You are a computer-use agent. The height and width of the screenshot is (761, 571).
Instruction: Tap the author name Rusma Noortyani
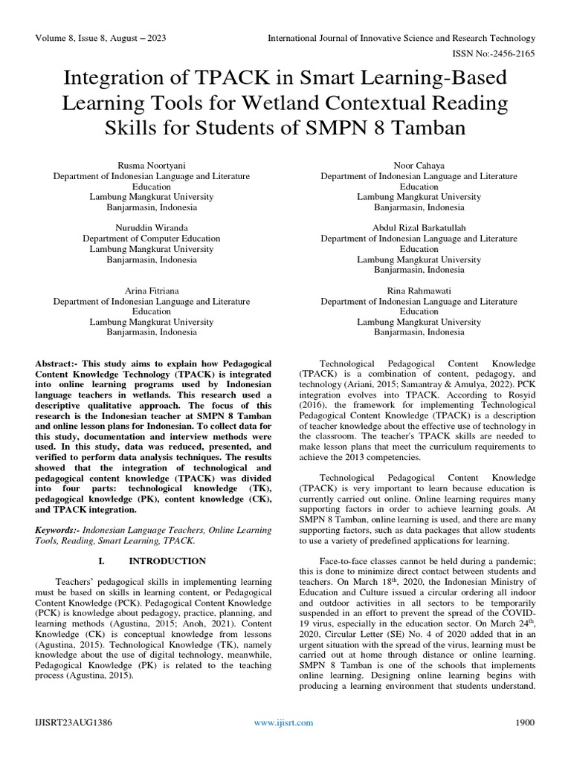tap(151, 164)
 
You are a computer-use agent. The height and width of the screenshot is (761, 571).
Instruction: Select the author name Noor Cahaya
tap(419, 164)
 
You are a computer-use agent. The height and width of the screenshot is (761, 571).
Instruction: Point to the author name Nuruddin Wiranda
tap(151, 227)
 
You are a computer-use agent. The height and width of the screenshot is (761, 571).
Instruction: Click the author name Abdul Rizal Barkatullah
tap(419, 227)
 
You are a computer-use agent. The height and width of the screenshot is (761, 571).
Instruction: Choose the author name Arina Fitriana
tap(151, 291)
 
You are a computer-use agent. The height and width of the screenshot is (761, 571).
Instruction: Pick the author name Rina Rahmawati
tap(419, 291)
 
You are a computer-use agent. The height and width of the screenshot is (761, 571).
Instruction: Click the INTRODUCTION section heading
tap(161, 562)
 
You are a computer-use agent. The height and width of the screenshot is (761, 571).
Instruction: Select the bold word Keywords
tap(58, 529)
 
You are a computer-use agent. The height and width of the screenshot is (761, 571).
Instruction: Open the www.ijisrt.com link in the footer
tap(284, 722)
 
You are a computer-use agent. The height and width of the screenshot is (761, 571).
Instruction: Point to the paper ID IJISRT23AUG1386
tap(73, 722)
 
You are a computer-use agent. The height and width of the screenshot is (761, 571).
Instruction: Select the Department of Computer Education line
tap(151, 239)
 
